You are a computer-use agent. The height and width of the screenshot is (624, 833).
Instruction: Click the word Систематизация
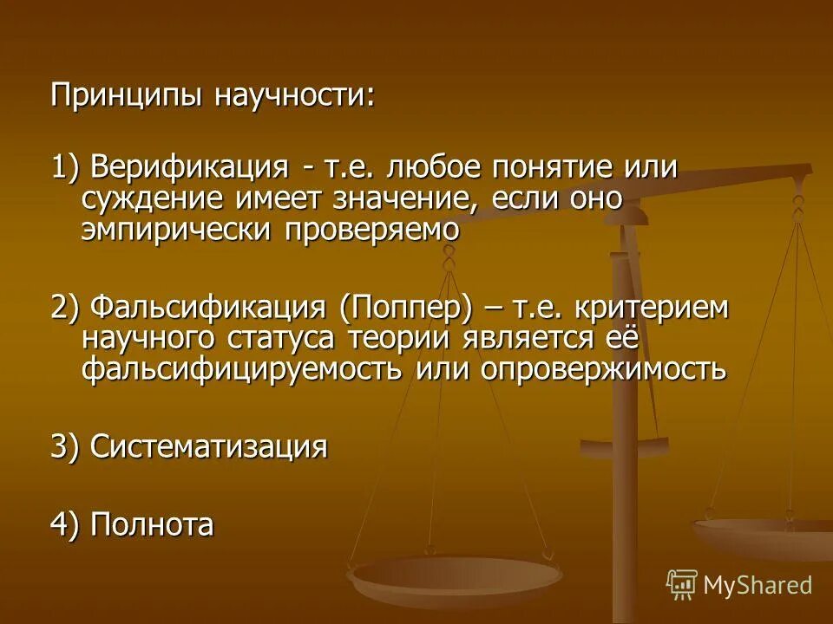(x=209, y=447)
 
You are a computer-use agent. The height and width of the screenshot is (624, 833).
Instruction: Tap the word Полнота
(x=152, y=525)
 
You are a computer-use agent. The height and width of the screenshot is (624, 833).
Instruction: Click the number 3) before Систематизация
(x=65, y=447)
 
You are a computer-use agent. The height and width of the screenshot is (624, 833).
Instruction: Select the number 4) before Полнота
(x=65, y=525)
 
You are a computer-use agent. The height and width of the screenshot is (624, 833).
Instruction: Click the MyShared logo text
(x=758, y=585)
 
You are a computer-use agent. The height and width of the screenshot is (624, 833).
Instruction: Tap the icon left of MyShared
(x=682, y=585)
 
